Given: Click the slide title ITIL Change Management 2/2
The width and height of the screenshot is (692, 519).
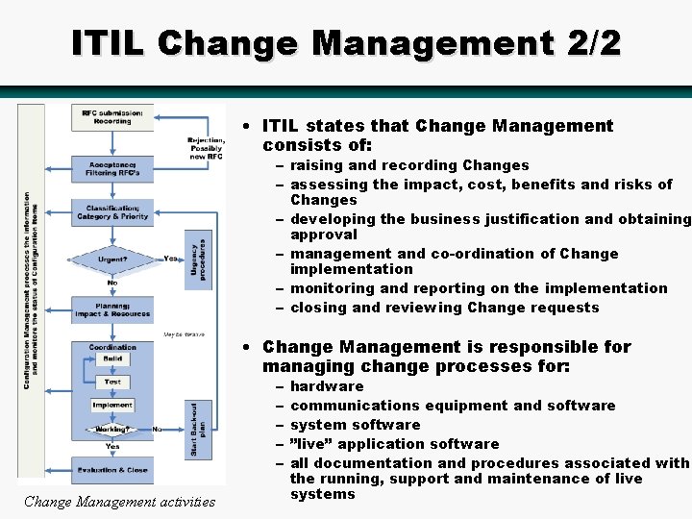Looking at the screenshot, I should (x=346, y=43).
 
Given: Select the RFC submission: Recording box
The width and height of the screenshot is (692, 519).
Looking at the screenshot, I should (x=112, y=117).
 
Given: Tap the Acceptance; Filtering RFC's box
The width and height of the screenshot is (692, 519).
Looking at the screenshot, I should (x=112, y=169).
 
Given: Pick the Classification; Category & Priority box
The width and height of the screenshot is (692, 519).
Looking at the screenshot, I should (x=112, y=212).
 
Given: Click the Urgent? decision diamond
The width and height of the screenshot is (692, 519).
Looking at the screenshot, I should (x=112, y=259).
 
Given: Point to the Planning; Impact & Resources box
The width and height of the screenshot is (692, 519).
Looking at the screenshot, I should (x=112, y=309).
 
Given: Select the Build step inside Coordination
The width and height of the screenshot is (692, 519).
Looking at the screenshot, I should (x=112, y=359).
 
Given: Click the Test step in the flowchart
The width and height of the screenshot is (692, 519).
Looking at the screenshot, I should (x=112, y=382).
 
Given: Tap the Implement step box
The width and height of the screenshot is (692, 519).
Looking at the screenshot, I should (x=112, y=405).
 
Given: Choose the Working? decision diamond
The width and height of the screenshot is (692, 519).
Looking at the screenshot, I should (x=112, y=429).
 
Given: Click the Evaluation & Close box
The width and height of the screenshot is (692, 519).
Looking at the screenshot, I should (x=112, y=470).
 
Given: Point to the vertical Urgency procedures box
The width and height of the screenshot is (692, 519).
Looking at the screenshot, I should (x=199, y=260).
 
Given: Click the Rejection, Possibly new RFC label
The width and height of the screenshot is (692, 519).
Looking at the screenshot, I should (x=206, y=148).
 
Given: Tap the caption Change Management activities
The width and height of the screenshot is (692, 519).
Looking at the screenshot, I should (x=119, y=501).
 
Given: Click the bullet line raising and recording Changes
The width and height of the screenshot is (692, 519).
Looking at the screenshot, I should (x=408, y=165).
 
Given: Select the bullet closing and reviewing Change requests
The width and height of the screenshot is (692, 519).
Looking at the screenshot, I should (x=444, y=308).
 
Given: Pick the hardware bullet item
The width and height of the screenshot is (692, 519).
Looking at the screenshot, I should (x=327, y=386).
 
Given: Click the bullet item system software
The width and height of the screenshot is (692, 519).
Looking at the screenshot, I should (x=355, y=425).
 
